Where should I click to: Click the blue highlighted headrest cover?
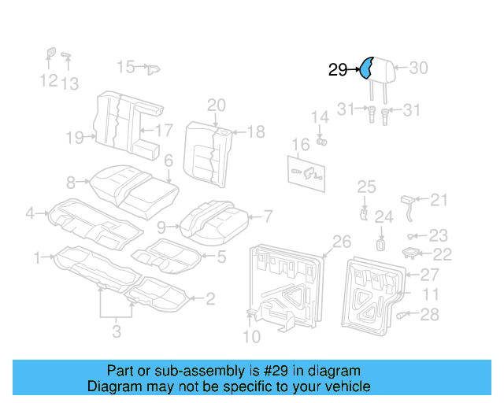pos(368,69)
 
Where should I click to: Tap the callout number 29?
pos(337,71)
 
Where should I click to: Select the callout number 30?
pos(418,68)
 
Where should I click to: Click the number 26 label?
pos(341,241)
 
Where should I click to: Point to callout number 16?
pos(301,145)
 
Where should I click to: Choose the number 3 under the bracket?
pos(116,332)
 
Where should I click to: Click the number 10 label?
pos(251,338)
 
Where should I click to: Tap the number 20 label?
pos(216,105)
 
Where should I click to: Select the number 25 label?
pos(367,187)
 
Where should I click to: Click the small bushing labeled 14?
pos(321,141)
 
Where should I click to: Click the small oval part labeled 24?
pos(380,244)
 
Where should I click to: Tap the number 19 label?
pos(75,139)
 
